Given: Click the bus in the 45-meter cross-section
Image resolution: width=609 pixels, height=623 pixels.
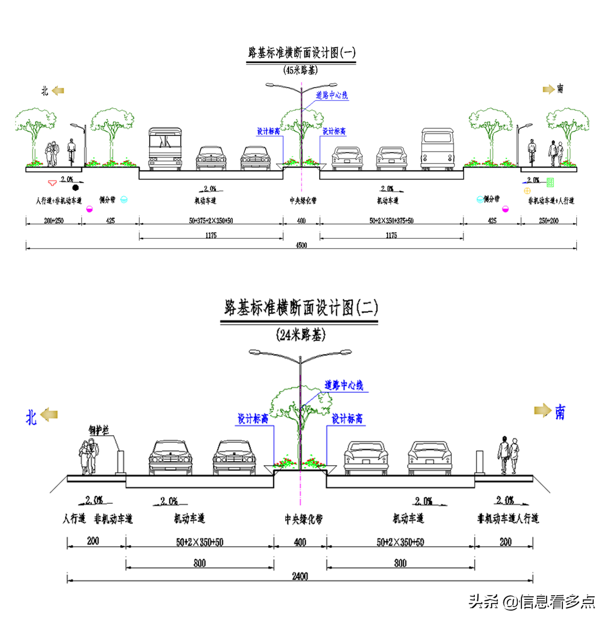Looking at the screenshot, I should pyautogui.click(x=165, y=149).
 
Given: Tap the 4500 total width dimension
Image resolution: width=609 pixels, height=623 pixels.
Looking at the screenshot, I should pyautogui.click(x=301, y=245).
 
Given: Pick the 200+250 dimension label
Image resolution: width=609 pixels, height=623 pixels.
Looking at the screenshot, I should pyautogui.click(x=54, y=221).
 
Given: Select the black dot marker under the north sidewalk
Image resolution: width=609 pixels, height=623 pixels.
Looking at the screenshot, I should pyautogui.click(x=76, y=188).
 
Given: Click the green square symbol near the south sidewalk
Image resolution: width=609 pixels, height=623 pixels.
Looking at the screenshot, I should pyautogui.click(x=550, y=182).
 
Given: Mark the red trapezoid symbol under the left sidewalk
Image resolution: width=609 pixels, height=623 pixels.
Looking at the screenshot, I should pyautogui.click(x=52, y=183).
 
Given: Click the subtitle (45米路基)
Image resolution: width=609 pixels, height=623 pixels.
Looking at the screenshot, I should pyautogui.click(x=300, y=70).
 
